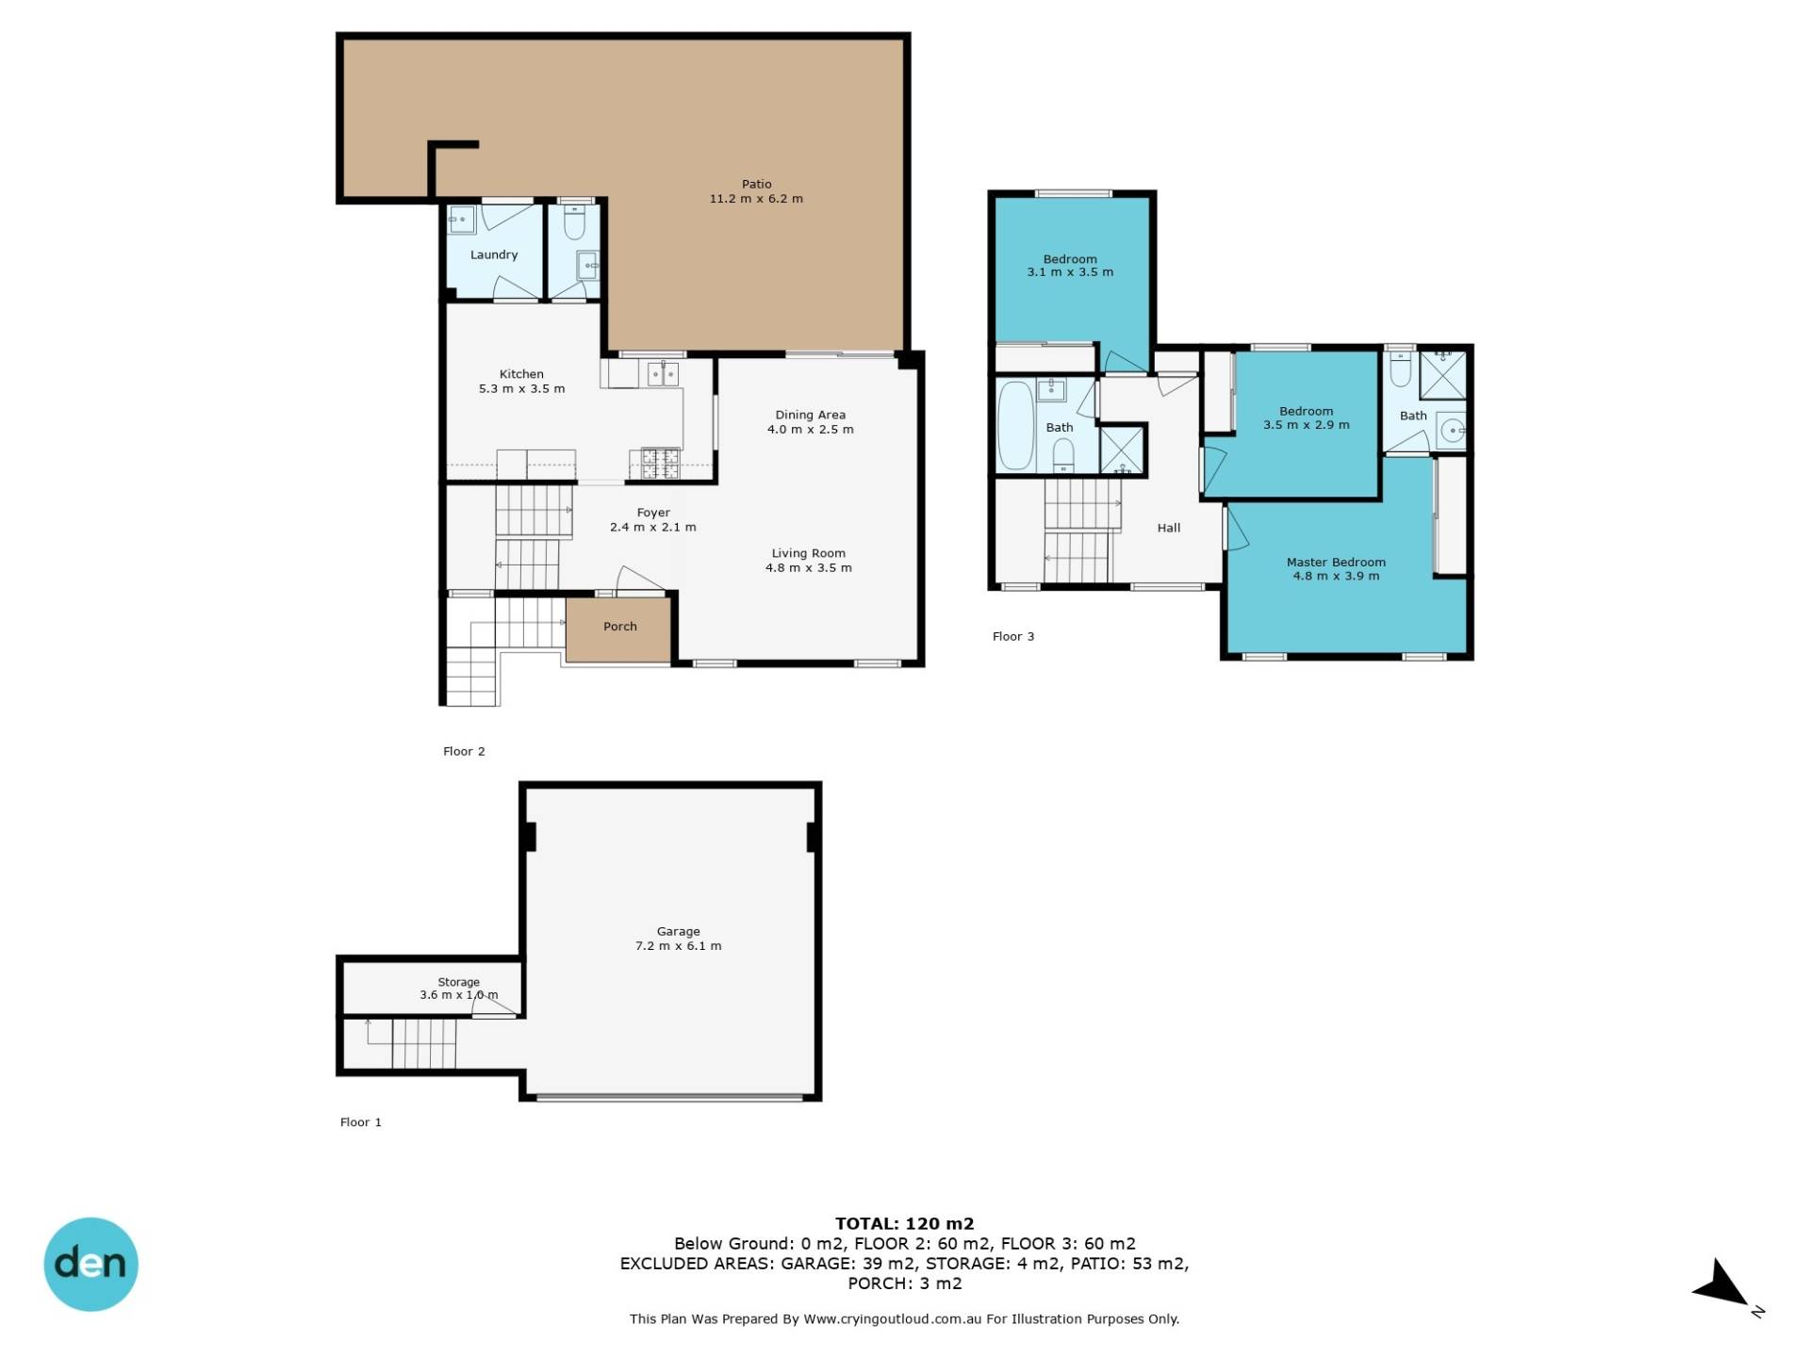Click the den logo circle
click(90, 1264)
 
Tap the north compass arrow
click(1721, 1285)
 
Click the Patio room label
click(756, 185)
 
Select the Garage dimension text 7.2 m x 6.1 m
click(678, 946)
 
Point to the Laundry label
click(494, 255)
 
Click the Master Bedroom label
click(1336, 563)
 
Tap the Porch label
click(620, 627)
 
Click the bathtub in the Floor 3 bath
click(1016, 425)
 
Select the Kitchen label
click(521, 374)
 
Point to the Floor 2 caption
click(464, 751)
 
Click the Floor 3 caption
click(1013, 636)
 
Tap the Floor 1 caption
click(361, 1122)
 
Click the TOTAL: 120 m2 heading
click(904, 1224)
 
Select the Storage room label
click(458, 982)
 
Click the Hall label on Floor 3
click(1169, 529)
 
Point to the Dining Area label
click(810, 416)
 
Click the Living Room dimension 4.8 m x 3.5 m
click(809, 568)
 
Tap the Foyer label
click(653, 514)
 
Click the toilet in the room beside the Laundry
click(574, 223)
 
